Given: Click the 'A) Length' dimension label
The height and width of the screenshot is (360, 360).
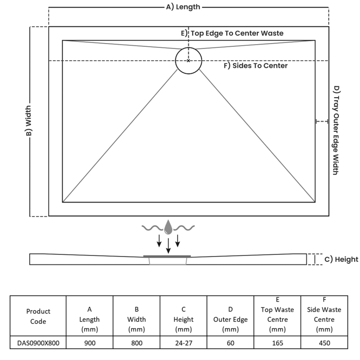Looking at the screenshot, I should [183, 7].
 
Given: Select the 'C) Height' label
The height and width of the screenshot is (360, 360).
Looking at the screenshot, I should [341, 259].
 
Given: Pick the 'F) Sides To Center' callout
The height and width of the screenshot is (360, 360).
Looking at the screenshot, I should [256, 66].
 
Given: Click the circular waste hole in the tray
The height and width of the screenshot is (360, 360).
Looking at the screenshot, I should [189, 60].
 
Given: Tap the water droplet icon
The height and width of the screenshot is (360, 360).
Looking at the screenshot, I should [168, 227].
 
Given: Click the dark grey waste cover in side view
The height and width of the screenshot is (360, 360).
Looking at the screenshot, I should [167, 256].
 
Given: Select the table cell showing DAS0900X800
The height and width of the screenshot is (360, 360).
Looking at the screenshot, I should [38, 343].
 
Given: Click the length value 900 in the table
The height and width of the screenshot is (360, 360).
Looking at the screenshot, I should [90, 343].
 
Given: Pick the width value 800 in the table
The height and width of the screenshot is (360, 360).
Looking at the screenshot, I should [136, 343].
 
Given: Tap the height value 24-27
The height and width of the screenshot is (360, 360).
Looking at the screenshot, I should [184, 343].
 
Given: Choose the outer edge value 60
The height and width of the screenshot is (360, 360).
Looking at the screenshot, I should [230, 343].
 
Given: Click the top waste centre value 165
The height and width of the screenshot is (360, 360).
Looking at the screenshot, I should [277, 343].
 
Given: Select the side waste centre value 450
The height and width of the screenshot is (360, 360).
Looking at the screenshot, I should [324, 343].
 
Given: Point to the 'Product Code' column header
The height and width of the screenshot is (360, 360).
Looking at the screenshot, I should [38, 316].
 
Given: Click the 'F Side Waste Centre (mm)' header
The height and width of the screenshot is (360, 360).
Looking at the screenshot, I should [324, 315].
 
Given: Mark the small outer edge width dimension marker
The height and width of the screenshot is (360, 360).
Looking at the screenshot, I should [322, 121].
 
